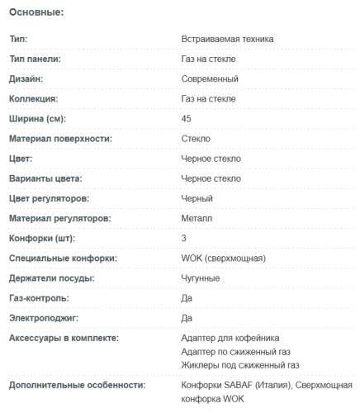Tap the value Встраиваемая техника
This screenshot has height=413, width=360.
[x=227, y=39]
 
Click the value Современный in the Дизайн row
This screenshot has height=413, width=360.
[x=210, y=79]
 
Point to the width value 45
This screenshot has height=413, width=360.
[x=186, y=119]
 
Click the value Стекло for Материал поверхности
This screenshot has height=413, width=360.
[x=196, y=139]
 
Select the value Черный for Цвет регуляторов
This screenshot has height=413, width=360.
[x=197, y=198]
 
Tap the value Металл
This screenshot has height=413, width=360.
[x=197, y=218]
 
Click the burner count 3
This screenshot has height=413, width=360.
[x=183, y=239]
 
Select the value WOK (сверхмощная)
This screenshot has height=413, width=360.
[x=223, y=259]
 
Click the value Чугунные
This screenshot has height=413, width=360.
[x=200, y=278]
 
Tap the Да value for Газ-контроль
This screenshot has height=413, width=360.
[x=187, y=298]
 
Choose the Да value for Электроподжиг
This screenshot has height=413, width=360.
[x=187, y=318]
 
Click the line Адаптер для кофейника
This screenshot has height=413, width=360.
[x=230, y=338]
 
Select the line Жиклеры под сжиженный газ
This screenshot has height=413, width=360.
[x=239, y=364]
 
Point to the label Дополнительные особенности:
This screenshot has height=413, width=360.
[x=77, y=385]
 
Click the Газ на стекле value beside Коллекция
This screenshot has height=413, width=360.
[x=211, y=99]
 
